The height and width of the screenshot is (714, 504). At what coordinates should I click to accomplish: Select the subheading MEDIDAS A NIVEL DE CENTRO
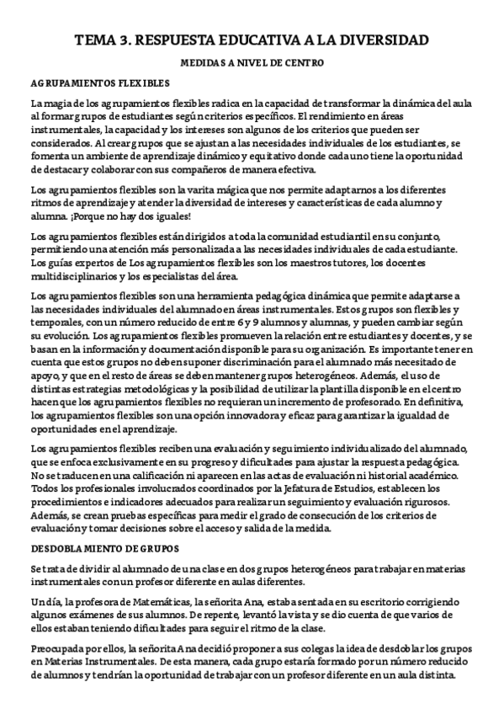(x=252, y=63)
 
